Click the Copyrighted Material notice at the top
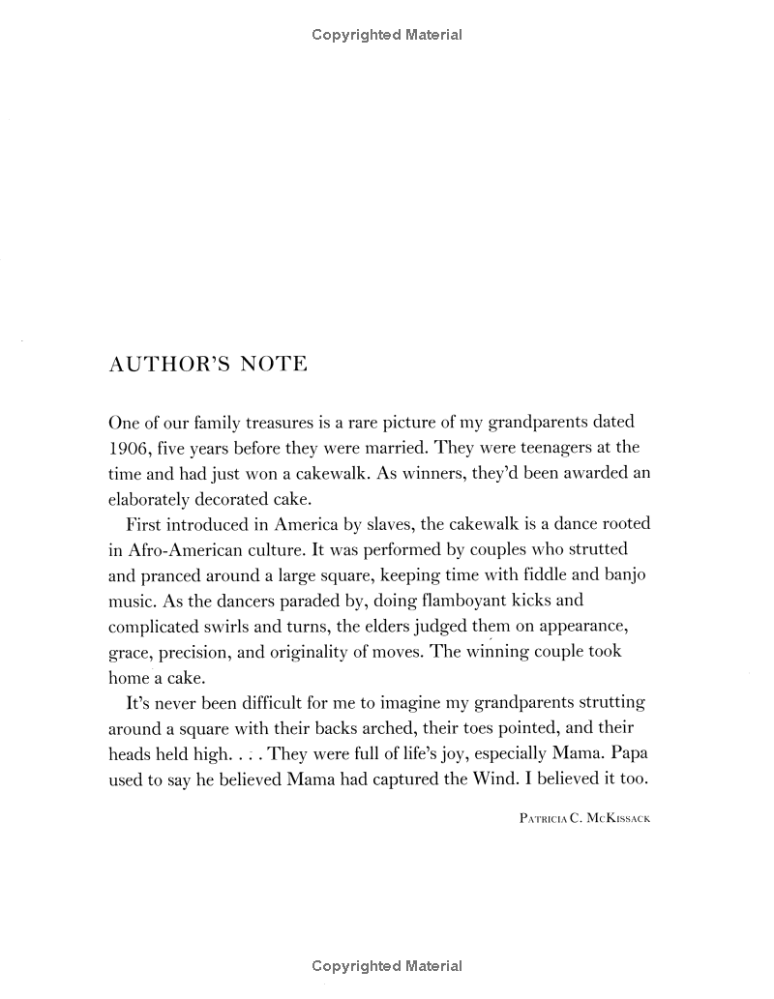point(387,35)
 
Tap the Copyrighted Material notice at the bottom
point(387,966)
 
